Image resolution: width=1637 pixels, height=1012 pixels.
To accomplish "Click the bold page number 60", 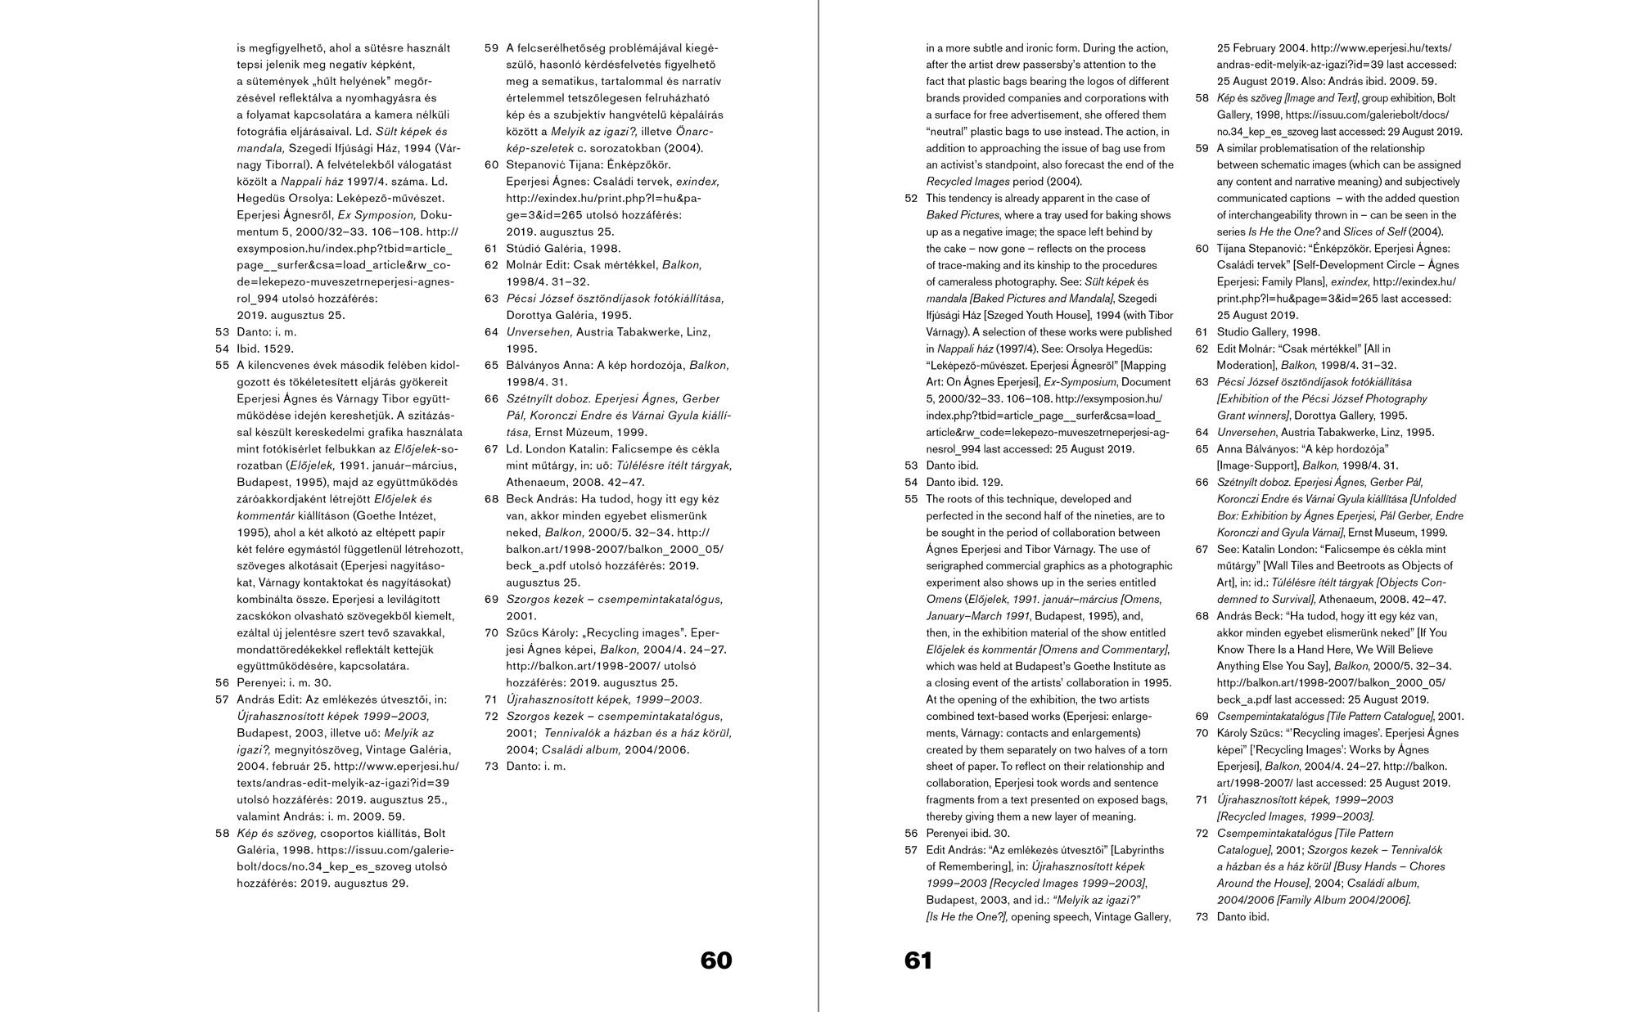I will [716, 960].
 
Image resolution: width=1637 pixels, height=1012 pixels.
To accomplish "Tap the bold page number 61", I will [918, 960].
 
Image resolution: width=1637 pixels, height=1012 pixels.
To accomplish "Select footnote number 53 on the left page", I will [222, 332].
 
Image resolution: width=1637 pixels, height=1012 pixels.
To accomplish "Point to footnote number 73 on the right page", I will [1202, 917].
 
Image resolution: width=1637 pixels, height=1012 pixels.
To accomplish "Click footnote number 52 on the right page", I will [911, 199].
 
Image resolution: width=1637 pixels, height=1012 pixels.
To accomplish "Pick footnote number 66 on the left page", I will [491, 399].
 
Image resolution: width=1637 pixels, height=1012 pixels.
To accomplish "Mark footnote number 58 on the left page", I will [222, 834].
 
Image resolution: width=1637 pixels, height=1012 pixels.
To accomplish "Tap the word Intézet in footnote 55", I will [413, 516].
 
